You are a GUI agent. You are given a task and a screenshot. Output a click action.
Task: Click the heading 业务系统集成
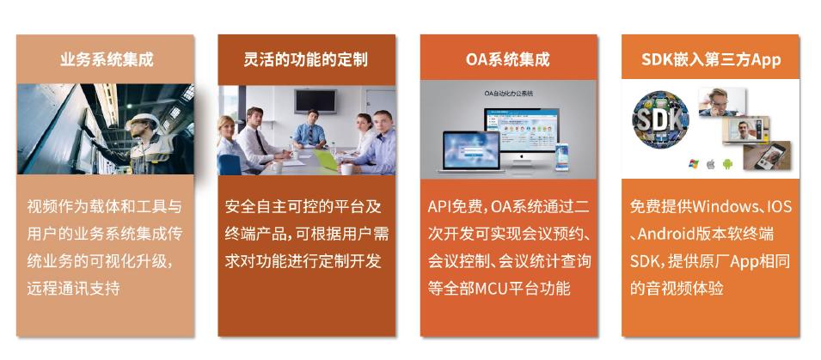coord(107,59)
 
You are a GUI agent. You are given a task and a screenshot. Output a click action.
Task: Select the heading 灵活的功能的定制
coord(306,59)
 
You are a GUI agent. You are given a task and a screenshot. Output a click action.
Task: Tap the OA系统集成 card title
coord(508,59)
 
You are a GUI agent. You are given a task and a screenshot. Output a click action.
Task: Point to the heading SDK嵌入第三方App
coord(711,59)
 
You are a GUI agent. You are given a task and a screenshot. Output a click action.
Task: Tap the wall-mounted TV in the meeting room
coord(316,101)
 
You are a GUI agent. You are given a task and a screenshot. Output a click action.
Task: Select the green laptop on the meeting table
coord(326,160)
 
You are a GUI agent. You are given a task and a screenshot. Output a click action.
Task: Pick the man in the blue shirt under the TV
coord(309,128)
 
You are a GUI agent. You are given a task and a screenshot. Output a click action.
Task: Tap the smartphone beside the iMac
coord(562,157)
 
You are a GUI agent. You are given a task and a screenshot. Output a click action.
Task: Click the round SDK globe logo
coord(660,119)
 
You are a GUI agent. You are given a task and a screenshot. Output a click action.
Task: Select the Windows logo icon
coord(694,164)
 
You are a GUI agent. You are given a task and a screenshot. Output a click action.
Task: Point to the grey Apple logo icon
coord(710,164)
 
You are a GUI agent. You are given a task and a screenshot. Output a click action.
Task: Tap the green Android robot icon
coord(727,164)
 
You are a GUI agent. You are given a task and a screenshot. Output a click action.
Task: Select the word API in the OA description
coord(438,207)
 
